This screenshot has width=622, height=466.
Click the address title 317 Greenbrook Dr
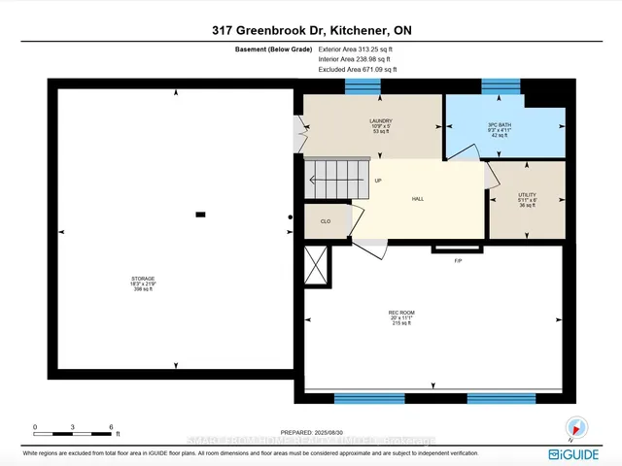coord(310,30)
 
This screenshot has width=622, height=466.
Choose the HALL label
coord(418,198)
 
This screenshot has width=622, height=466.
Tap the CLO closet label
coord(326,221)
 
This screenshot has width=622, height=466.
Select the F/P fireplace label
coord(457,261)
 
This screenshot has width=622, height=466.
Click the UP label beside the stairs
coord(378,181)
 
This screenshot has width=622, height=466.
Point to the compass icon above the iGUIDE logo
coord(576,426)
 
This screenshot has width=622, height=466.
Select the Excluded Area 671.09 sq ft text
coord(358,70)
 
